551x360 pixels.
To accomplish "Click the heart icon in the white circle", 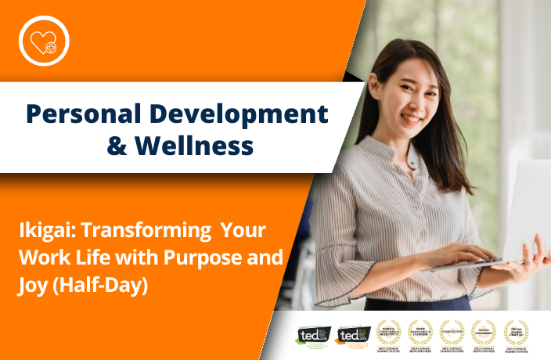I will pyautogui.click(x=44, y=40).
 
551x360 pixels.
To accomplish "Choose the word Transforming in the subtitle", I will pyautogui.click(x=144, y=232).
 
